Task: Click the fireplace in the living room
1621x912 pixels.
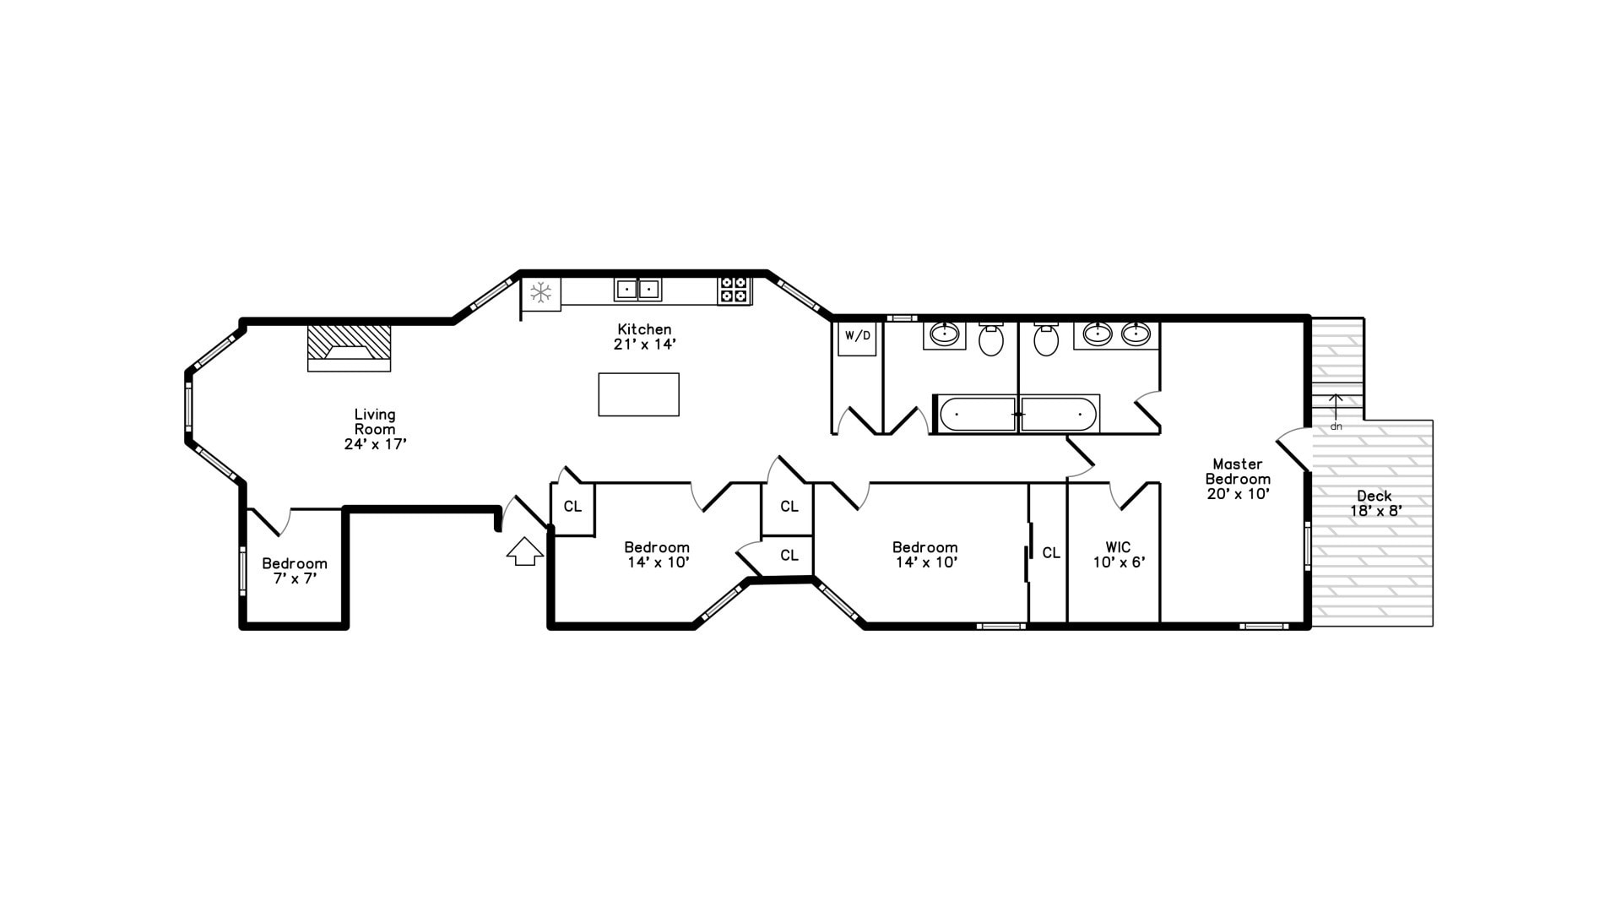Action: tap(349, 348)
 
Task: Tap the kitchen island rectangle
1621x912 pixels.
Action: tap(638, 394)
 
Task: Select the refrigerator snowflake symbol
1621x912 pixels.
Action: tap(540, 293)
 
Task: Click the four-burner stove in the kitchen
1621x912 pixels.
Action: tap(733, 290)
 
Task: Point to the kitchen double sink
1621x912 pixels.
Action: tap(637, 290)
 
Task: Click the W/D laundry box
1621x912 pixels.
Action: tap(857, 337)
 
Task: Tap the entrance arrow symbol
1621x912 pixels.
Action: tap(525, 552)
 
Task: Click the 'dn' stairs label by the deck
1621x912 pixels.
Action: tap(1336, 426)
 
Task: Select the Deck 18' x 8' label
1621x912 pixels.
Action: tap(1375, 503)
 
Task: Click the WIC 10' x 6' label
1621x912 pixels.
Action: tap(1119, 555)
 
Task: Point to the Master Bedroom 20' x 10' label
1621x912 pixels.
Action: tap(1238, 479)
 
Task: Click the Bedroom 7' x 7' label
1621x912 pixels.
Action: tap(294, 571)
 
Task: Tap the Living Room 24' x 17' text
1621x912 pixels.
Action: tap(375, 429)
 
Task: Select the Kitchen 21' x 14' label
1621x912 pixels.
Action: tap(644, 337)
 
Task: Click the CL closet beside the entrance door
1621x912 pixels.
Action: tap(572, 508)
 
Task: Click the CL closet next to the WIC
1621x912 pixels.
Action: tap(1050, 553)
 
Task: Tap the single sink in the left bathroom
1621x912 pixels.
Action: tap(944, 334)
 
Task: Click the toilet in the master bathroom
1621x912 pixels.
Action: tap(1046, 339)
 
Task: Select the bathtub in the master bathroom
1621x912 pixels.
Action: tap(1059, 415)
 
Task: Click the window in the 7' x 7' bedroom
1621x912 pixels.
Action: tap(242, 571)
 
